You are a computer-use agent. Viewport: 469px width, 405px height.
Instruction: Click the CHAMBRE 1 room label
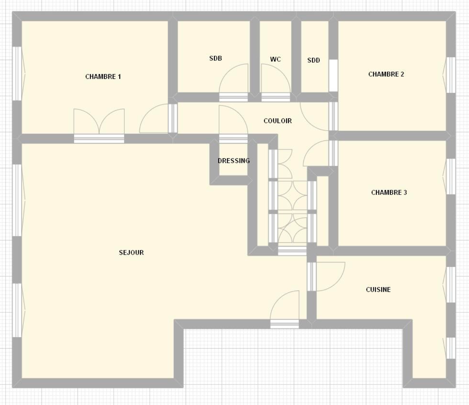103,77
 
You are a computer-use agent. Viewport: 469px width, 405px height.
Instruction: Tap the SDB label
216,58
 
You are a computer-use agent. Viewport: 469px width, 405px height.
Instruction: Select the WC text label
275,59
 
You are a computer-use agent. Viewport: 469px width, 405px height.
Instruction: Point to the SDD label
314,60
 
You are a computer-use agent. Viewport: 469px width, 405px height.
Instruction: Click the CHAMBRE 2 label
386,74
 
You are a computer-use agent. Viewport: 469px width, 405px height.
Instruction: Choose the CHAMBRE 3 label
389,192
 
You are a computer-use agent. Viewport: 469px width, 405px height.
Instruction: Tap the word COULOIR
278,121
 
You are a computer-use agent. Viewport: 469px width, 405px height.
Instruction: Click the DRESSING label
234,161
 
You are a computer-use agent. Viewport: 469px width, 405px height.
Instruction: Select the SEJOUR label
131,253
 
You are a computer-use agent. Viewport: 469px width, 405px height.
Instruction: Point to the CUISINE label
378,290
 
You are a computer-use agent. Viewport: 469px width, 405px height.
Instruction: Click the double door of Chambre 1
99,126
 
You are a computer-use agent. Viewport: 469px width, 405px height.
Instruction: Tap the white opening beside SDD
333,76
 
